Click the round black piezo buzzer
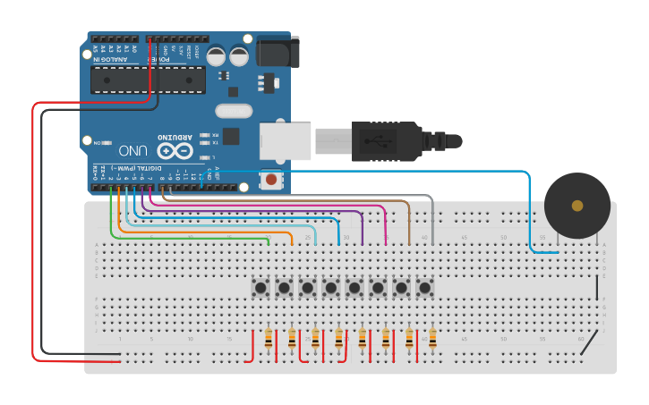(x=577, y=206)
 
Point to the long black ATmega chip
(x=148, y=79)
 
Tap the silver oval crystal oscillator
(x=235, y=112)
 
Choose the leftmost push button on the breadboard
(x=261, y=288)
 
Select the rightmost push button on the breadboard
(x=425, y=288)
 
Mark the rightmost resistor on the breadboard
(x=432, y=339)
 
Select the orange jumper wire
(x=206, y=232)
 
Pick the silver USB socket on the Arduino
(x=286, y=141)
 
